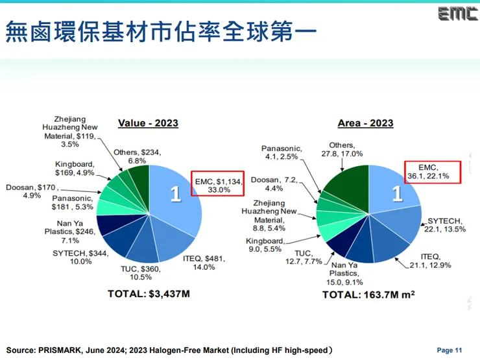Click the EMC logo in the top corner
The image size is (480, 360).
pyautogui.click(x=457, y=14)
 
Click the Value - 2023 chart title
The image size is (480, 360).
pyautogui.click(x=148, y=123)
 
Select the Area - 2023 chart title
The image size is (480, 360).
pyautogui.click(x=365, y=123)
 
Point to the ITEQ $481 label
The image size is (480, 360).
pyautogui.click(x=207, y=261)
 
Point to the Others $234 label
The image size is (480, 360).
pyautogui.click(x=137, y=156)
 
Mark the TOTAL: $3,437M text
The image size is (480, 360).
pyautogui.click(x=149, y=294)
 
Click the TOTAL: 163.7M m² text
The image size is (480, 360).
pyautogui.click(x=368, y=294)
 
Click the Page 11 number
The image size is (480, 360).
pyautogui.click(x=450, y=350)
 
